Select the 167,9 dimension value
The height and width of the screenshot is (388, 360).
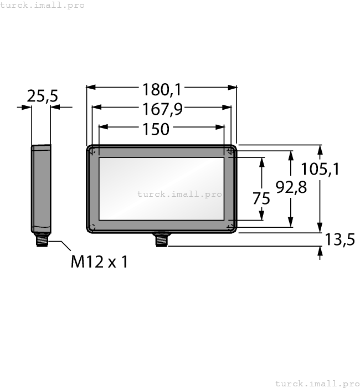click(x=162, y=109)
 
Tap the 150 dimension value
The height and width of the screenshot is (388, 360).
click(x=156, y=129)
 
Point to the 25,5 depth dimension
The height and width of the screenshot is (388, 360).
click(x=43, y=96)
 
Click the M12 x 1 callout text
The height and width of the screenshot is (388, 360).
click(x=99, y=262)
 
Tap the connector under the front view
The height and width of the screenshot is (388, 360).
click(x=161, y=239)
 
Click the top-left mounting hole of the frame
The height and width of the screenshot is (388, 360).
click(x=93, y=151)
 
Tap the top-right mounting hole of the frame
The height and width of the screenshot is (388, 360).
click(x=230, y=151)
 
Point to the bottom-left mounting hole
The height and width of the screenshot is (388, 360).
click(x=93, y=227)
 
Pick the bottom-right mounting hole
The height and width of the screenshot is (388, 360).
click(x=230, y=227)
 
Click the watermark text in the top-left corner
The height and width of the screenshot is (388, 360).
click(x=43, y=5)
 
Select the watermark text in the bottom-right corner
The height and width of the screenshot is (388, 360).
click(x=317, y=383)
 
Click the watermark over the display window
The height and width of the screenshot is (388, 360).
click(x=179, y=194)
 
